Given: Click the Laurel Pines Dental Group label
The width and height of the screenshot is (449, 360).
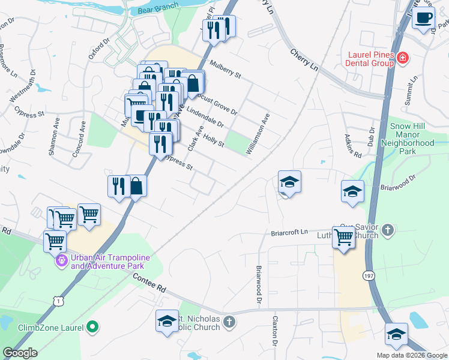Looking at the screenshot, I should coord(370,59).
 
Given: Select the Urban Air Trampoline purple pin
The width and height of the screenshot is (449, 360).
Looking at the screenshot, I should coord(62,261).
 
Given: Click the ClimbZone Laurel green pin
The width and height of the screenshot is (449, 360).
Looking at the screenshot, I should coord(92,328).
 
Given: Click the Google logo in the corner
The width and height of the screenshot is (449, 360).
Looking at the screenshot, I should coord(20,353).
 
